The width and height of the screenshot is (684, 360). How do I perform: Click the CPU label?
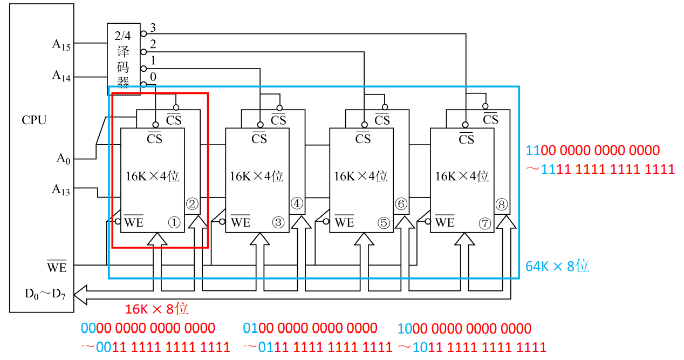[x=34, y=120]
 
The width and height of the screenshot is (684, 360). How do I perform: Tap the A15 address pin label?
[x=61, y=45]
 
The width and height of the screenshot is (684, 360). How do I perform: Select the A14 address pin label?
[x=61, y=76]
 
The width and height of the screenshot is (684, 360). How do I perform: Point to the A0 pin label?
[x=63, y=159]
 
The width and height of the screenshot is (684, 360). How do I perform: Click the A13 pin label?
[x=61, y=190]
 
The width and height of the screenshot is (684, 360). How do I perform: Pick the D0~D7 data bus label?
[x=45, y=294]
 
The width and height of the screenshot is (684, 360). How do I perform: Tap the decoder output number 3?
[x=153, y=28]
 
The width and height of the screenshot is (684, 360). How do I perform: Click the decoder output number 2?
[x=153, y=44]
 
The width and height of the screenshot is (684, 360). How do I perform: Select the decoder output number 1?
[x=153, y=60]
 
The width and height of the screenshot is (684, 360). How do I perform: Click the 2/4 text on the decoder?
[x=123, y=36]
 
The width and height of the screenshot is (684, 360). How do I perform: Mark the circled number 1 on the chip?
[x=174, y=222]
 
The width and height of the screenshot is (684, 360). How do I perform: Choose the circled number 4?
[x=297, y=203]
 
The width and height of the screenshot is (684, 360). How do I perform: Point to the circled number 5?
[x=384, y=223]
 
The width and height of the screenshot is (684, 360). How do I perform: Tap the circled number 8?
[x=501, y=204]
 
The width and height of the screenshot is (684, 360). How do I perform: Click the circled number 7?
[x=485, y=223]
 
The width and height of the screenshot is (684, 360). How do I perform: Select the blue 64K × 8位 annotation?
[x=557, y=266]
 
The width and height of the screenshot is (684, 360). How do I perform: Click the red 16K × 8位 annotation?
[x=156, y=309]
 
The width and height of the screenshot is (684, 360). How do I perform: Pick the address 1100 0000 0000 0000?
[x=593, y=151]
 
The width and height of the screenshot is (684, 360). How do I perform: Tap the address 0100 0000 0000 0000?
[x=310, y=328]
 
